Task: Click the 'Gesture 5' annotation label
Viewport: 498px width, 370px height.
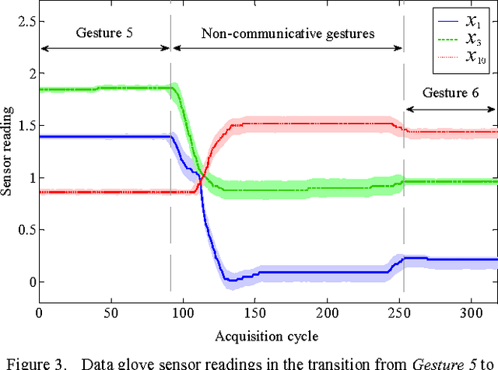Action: click(104, 33)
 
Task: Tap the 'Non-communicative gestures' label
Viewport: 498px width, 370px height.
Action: click(288, 33)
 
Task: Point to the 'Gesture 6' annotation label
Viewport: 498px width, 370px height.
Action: click(451, 92)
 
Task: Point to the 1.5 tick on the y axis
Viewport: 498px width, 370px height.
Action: click(27, 125)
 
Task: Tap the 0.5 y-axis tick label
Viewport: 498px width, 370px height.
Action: click(27, 229)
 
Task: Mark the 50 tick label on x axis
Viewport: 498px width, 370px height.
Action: click(111, 312)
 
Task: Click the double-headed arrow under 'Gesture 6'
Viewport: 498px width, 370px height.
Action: click(451, 109)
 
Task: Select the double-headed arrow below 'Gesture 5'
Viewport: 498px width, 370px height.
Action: click(104, 48)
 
